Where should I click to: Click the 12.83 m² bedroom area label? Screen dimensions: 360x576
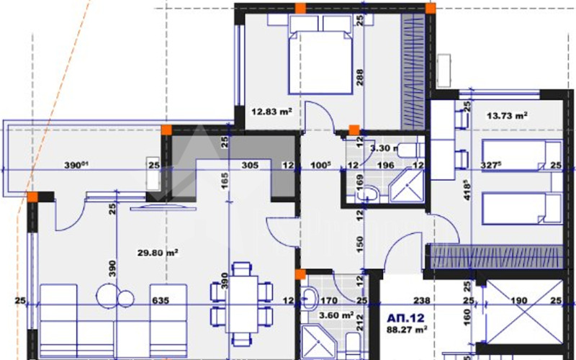pyautogui.click(x=271, y=112)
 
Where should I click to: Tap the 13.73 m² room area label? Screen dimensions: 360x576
pyautogui.click(x=508, y=114)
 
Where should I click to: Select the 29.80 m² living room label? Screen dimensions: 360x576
pyautogui.click(x=158, y=252)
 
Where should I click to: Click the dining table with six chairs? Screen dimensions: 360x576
pyautogui.click(x=241, y=302)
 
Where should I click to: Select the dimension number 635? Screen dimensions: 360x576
pyautogui.click(x=160, y=300)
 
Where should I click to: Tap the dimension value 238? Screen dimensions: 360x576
pyautogui.click(x=422, y=300)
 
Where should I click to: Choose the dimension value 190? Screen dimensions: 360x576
pyautogui.click(x=518, y=300)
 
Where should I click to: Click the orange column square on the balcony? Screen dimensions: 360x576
pyautogui.click(x=166, y=130)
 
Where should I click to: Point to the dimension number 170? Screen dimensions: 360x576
pyautogui.click(x=329, y=300)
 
